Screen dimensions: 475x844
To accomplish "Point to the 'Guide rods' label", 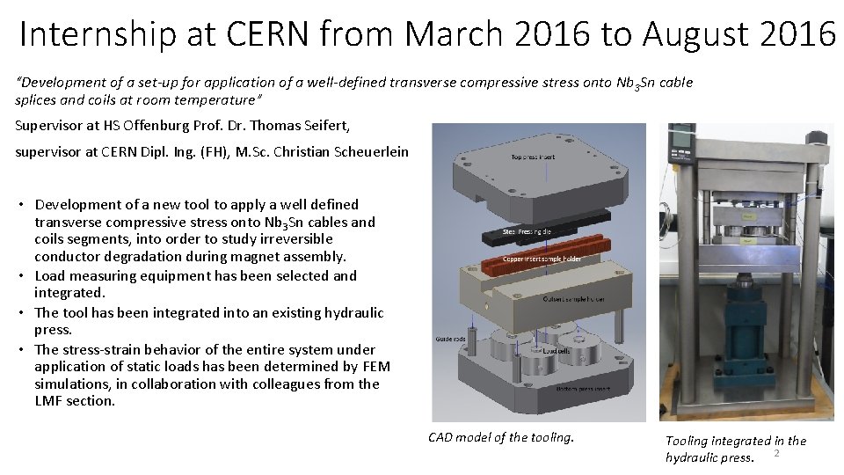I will (x=450, y=339).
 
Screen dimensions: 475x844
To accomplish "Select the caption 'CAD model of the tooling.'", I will (x=500, y=437).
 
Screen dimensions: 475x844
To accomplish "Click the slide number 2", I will (x=777, y=453).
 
